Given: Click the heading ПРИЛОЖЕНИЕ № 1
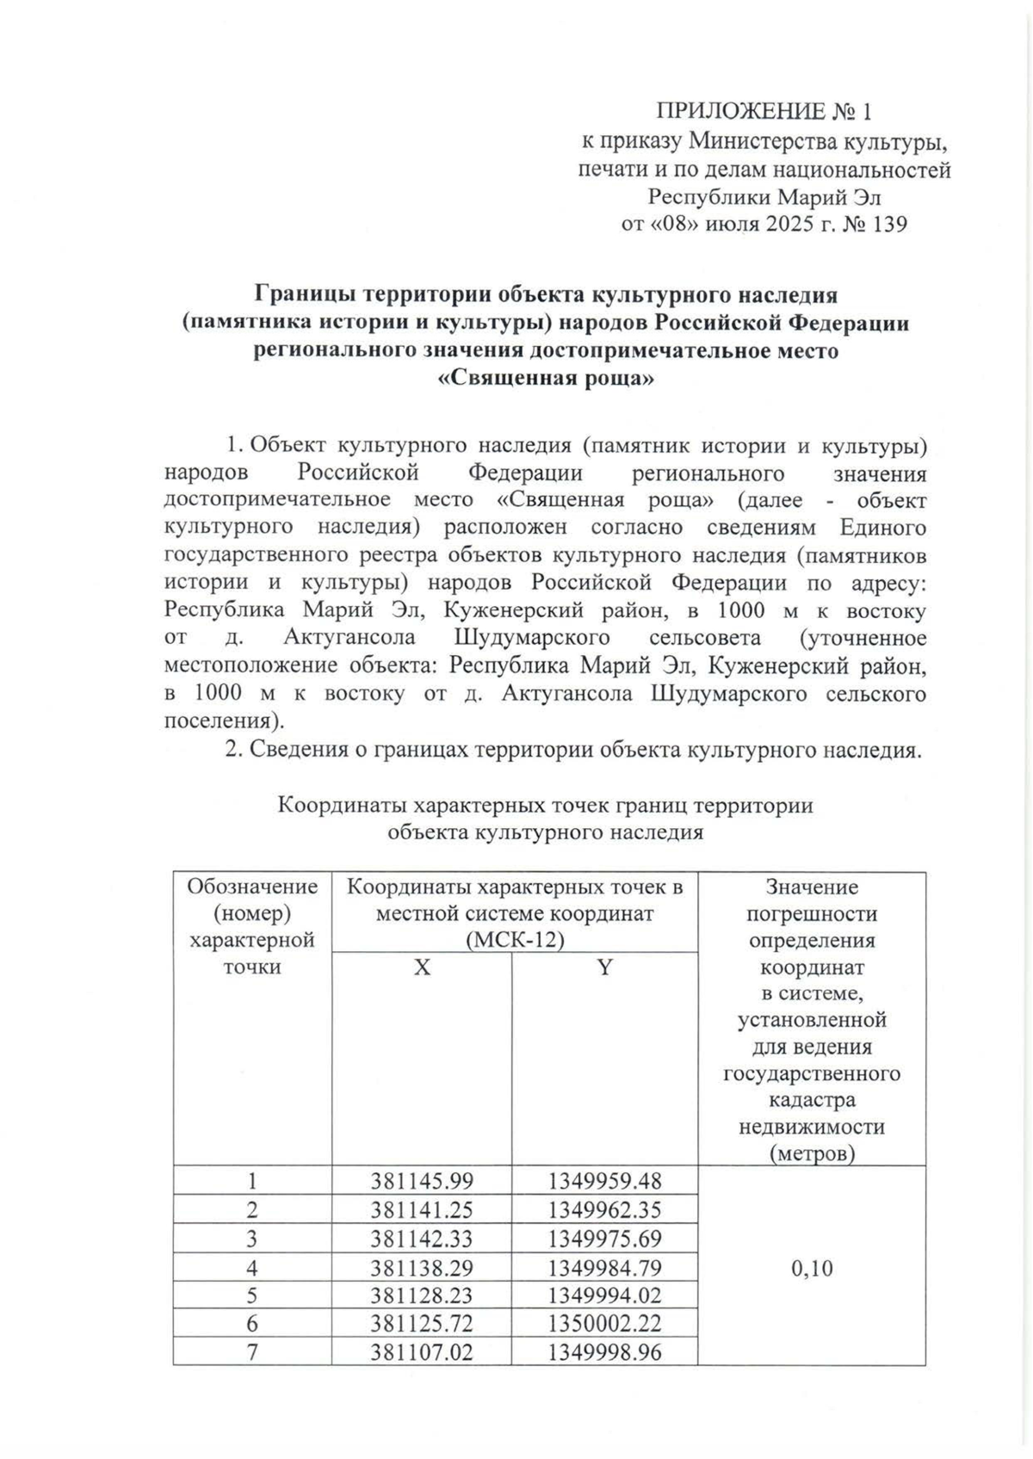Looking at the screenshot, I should point(764,112).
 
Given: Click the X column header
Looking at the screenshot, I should point(421,968).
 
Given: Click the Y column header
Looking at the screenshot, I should point(604,968).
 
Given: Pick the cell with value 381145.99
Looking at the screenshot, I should point(422,1181).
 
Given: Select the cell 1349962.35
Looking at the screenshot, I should point(604,1210).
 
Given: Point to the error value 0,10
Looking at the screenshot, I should point(811,1268).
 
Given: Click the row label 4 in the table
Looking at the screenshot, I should point(252,1268).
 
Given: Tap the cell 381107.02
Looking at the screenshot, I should point(422,1353).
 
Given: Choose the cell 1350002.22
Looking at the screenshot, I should point(604,1325).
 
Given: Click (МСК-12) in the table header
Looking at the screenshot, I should point(514,940).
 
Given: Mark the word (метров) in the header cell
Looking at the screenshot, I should point(812,1153).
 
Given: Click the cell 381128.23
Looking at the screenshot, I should point(422,1296).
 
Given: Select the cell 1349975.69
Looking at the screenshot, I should point(604,1239).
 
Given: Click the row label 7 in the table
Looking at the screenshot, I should point(252,1353).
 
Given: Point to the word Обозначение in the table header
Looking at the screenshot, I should point(252,887).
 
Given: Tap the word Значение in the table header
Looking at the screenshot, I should point(812,887).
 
